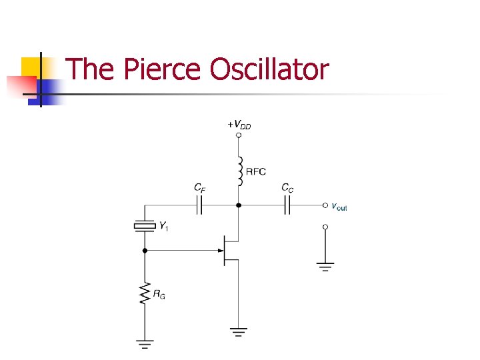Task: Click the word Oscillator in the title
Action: (269, 69)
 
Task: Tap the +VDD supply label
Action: (239, 124)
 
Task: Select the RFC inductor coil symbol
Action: (239, 171)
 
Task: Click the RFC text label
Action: (256, 171)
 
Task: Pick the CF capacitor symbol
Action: (199, 206)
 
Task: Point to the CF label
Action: (199, 189)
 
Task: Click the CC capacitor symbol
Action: (287, 206)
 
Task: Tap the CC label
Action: (287, 189)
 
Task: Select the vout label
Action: (339, 207)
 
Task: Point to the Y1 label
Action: (163, 227)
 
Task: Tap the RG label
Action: (159, 294)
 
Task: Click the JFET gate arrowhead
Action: (220, 251)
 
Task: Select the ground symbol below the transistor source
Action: (239, 331)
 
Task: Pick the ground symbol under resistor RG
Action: (144, 344)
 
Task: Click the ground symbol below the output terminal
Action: (325, 267)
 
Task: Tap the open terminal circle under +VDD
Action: (239, 135)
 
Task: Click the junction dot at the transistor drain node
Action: (239, 206)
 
